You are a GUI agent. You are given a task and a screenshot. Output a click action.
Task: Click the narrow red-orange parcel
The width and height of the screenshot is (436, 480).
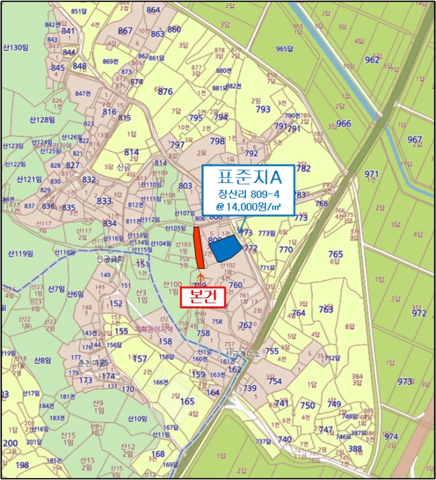(198, 248)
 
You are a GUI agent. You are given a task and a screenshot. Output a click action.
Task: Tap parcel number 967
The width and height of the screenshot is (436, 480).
(414, 140)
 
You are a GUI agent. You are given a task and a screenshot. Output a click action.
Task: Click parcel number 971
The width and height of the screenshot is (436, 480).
(391, 174)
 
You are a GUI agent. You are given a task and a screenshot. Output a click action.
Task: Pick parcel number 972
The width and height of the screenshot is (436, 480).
(419, 313)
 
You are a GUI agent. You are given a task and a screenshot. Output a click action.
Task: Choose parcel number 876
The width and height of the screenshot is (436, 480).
(165, 92)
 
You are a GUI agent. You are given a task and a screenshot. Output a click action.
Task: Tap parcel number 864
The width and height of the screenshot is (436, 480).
(153, 10)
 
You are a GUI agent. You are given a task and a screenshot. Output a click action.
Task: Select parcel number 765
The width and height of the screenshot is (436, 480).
(335, 254)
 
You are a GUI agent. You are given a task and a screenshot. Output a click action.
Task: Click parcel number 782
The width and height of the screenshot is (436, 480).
(303, 168)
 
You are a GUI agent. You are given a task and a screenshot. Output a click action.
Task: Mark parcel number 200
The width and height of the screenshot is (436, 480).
(10, 444)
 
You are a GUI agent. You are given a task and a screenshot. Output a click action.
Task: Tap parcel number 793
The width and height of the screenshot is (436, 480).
(263, 109)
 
